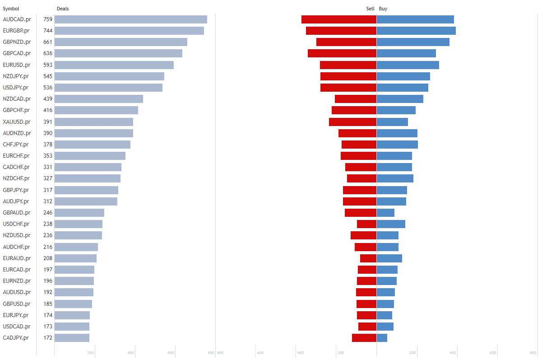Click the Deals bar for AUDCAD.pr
[130, 19]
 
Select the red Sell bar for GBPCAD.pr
[342, 53]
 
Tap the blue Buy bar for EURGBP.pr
[416, 31]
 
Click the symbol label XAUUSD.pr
[16, 122]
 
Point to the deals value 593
[48, 65]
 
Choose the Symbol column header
[11, 9]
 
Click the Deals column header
[63, 9]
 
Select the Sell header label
[370, 9]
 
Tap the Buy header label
[383, 9]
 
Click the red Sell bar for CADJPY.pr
[364, 338]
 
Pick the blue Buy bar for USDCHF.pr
[391, 224]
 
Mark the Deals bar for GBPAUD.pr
[79, 213]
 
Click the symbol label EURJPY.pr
[16, 315]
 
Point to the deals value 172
[48, 338]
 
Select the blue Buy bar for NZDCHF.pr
[395, 178]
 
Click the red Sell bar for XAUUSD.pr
[352, 122]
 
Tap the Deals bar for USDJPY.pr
[108, 88]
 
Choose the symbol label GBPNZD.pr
[17, 42]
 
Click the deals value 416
[48, 110]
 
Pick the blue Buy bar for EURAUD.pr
[389, 258]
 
